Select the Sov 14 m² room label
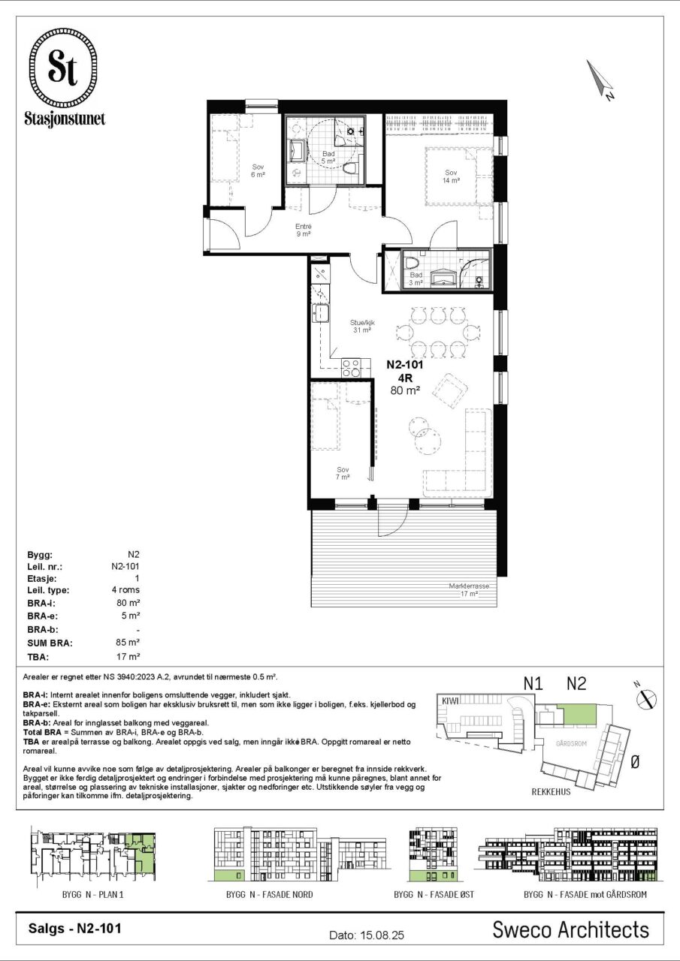click(x=451, y=176)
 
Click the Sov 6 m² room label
click(x=258, y=170)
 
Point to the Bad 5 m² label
click(x=328, y=158)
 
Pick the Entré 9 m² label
click(x=303, y=230)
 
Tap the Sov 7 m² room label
click(x=343, y=473)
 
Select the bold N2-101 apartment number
click(x=405, y=365)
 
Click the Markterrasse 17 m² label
click(x=468, y=590)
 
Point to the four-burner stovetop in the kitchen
click(x=351, y=368)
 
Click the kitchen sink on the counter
click(x=320, y=312)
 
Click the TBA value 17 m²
click(x=128, y=656)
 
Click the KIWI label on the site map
click(x=450, y=700)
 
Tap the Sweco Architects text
click(x=570, y=929)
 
